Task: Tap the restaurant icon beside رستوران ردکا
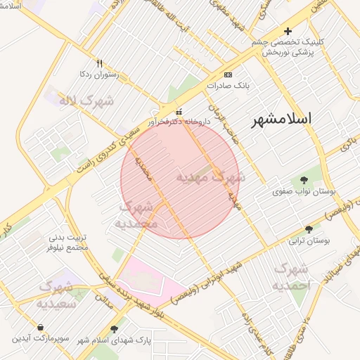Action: pyautogui.click(x=99, y=63)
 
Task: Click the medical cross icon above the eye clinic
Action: pyautogui.click(x=287, y=31)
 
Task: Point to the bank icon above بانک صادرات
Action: pyautogui.click(x=228, y=74)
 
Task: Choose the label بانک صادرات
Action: pyautogui.click(x=228, y=85)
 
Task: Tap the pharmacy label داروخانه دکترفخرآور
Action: pyautogui.click(x=179, y=122)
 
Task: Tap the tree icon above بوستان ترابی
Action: pyautogui.click(x=309, y=229)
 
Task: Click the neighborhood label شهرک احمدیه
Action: pyautogui.click(x=290, y=277)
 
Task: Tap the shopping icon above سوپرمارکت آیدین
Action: pyautogui.click(x=40, y=327)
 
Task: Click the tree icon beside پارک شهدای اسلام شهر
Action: pyautogui.click(x=115, y=328)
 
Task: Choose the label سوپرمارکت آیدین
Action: pyautogui.click(x=40, y=338)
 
